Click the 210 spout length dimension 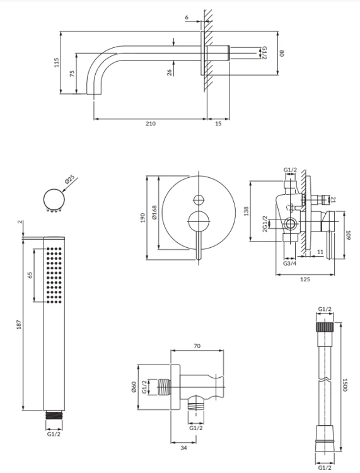pos(151,124)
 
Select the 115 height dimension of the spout pos(56,62)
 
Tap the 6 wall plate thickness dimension pos(187,17)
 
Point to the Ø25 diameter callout pos(70,180)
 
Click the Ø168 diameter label pos(154,212)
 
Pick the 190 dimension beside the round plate pos(143,218)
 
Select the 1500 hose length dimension pos(345,385)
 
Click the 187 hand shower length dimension pos(19,324)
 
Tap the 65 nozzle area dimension pos(30,275)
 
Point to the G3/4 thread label pos(289,263)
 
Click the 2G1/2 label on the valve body pos(265,223)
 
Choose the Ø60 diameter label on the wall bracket pos(134,387)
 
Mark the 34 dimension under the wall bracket pos(183,448)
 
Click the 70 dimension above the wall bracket pos(197,346)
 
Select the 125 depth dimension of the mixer pos(305,279)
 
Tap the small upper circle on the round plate pos(199,200)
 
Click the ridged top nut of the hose pos(325,327)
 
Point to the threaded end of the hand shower pos(54,415)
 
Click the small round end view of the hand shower pos(54,199)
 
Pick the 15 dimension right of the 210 pos(218,124)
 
